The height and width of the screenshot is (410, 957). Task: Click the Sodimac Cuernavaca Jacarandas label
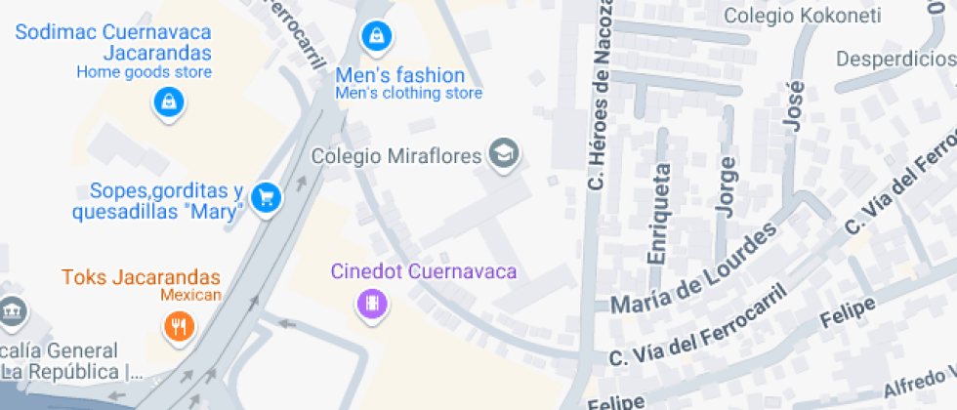[114, 41]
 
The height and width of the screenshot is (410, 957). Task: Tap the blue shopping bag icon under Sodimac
[169, 102]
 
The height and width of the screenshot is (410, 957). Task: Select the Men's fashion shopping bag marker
[376, 38]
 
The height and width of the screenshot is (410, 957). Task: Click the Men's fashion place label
[399, 75]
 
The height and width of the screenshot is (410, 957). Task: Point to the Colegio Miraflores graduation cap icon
[504, 153]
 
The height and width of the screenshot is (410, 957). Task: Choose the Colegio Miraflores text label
[396, 155]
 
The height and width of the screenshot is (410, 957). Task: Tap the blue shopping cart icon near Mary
[265, 198]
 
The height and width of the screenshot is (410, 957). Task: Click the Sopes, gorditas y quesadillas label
[156, 201]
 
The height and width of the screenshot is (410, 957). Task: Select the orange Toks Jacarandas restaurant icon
[178, 326]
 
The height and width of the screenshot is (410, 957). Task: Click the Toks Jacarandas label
[142, 277]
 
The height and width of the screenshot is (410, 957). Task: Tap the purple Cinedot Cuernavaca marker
[372, 304]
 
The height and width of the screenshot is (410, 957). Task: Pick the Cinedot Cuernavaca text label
[423, 271]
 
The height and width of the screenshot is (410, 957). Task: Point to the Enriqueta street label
[659, 213]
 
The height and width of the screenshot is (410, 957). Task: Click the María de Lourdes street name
[694, 267]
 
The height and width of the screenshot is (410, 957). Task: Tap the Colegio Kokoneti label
[803, 15]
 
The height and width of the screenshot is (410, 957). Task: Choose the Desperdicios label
[895, 59]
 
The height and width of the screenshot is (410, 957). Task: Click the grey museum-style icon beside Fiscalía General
[11, 311]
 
